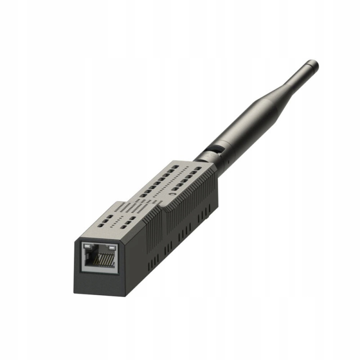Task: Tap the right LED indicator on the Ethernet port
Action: point(112,247)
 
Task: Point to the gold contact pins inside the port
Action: point(106,260)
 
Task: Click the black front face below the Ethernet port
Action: point(97,283)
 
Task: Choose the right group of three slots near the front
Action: point(130,221)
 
